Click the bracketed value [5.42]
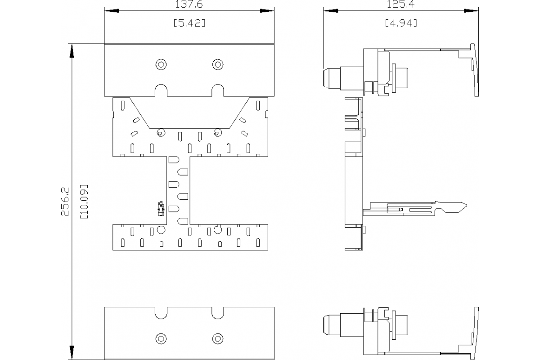[189, 23]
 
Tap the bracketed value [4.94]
[400, 23]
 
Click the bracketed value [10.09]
[83, 202]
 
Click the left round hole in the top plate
[161, 64]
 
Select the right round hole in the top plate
[218, 64]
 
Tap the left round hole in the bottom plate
[161, 338]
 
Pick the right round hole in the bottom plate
[218, 338]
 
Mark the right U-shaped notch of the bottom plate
[218, 313]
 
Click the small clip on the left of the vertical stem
[160, 207]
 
